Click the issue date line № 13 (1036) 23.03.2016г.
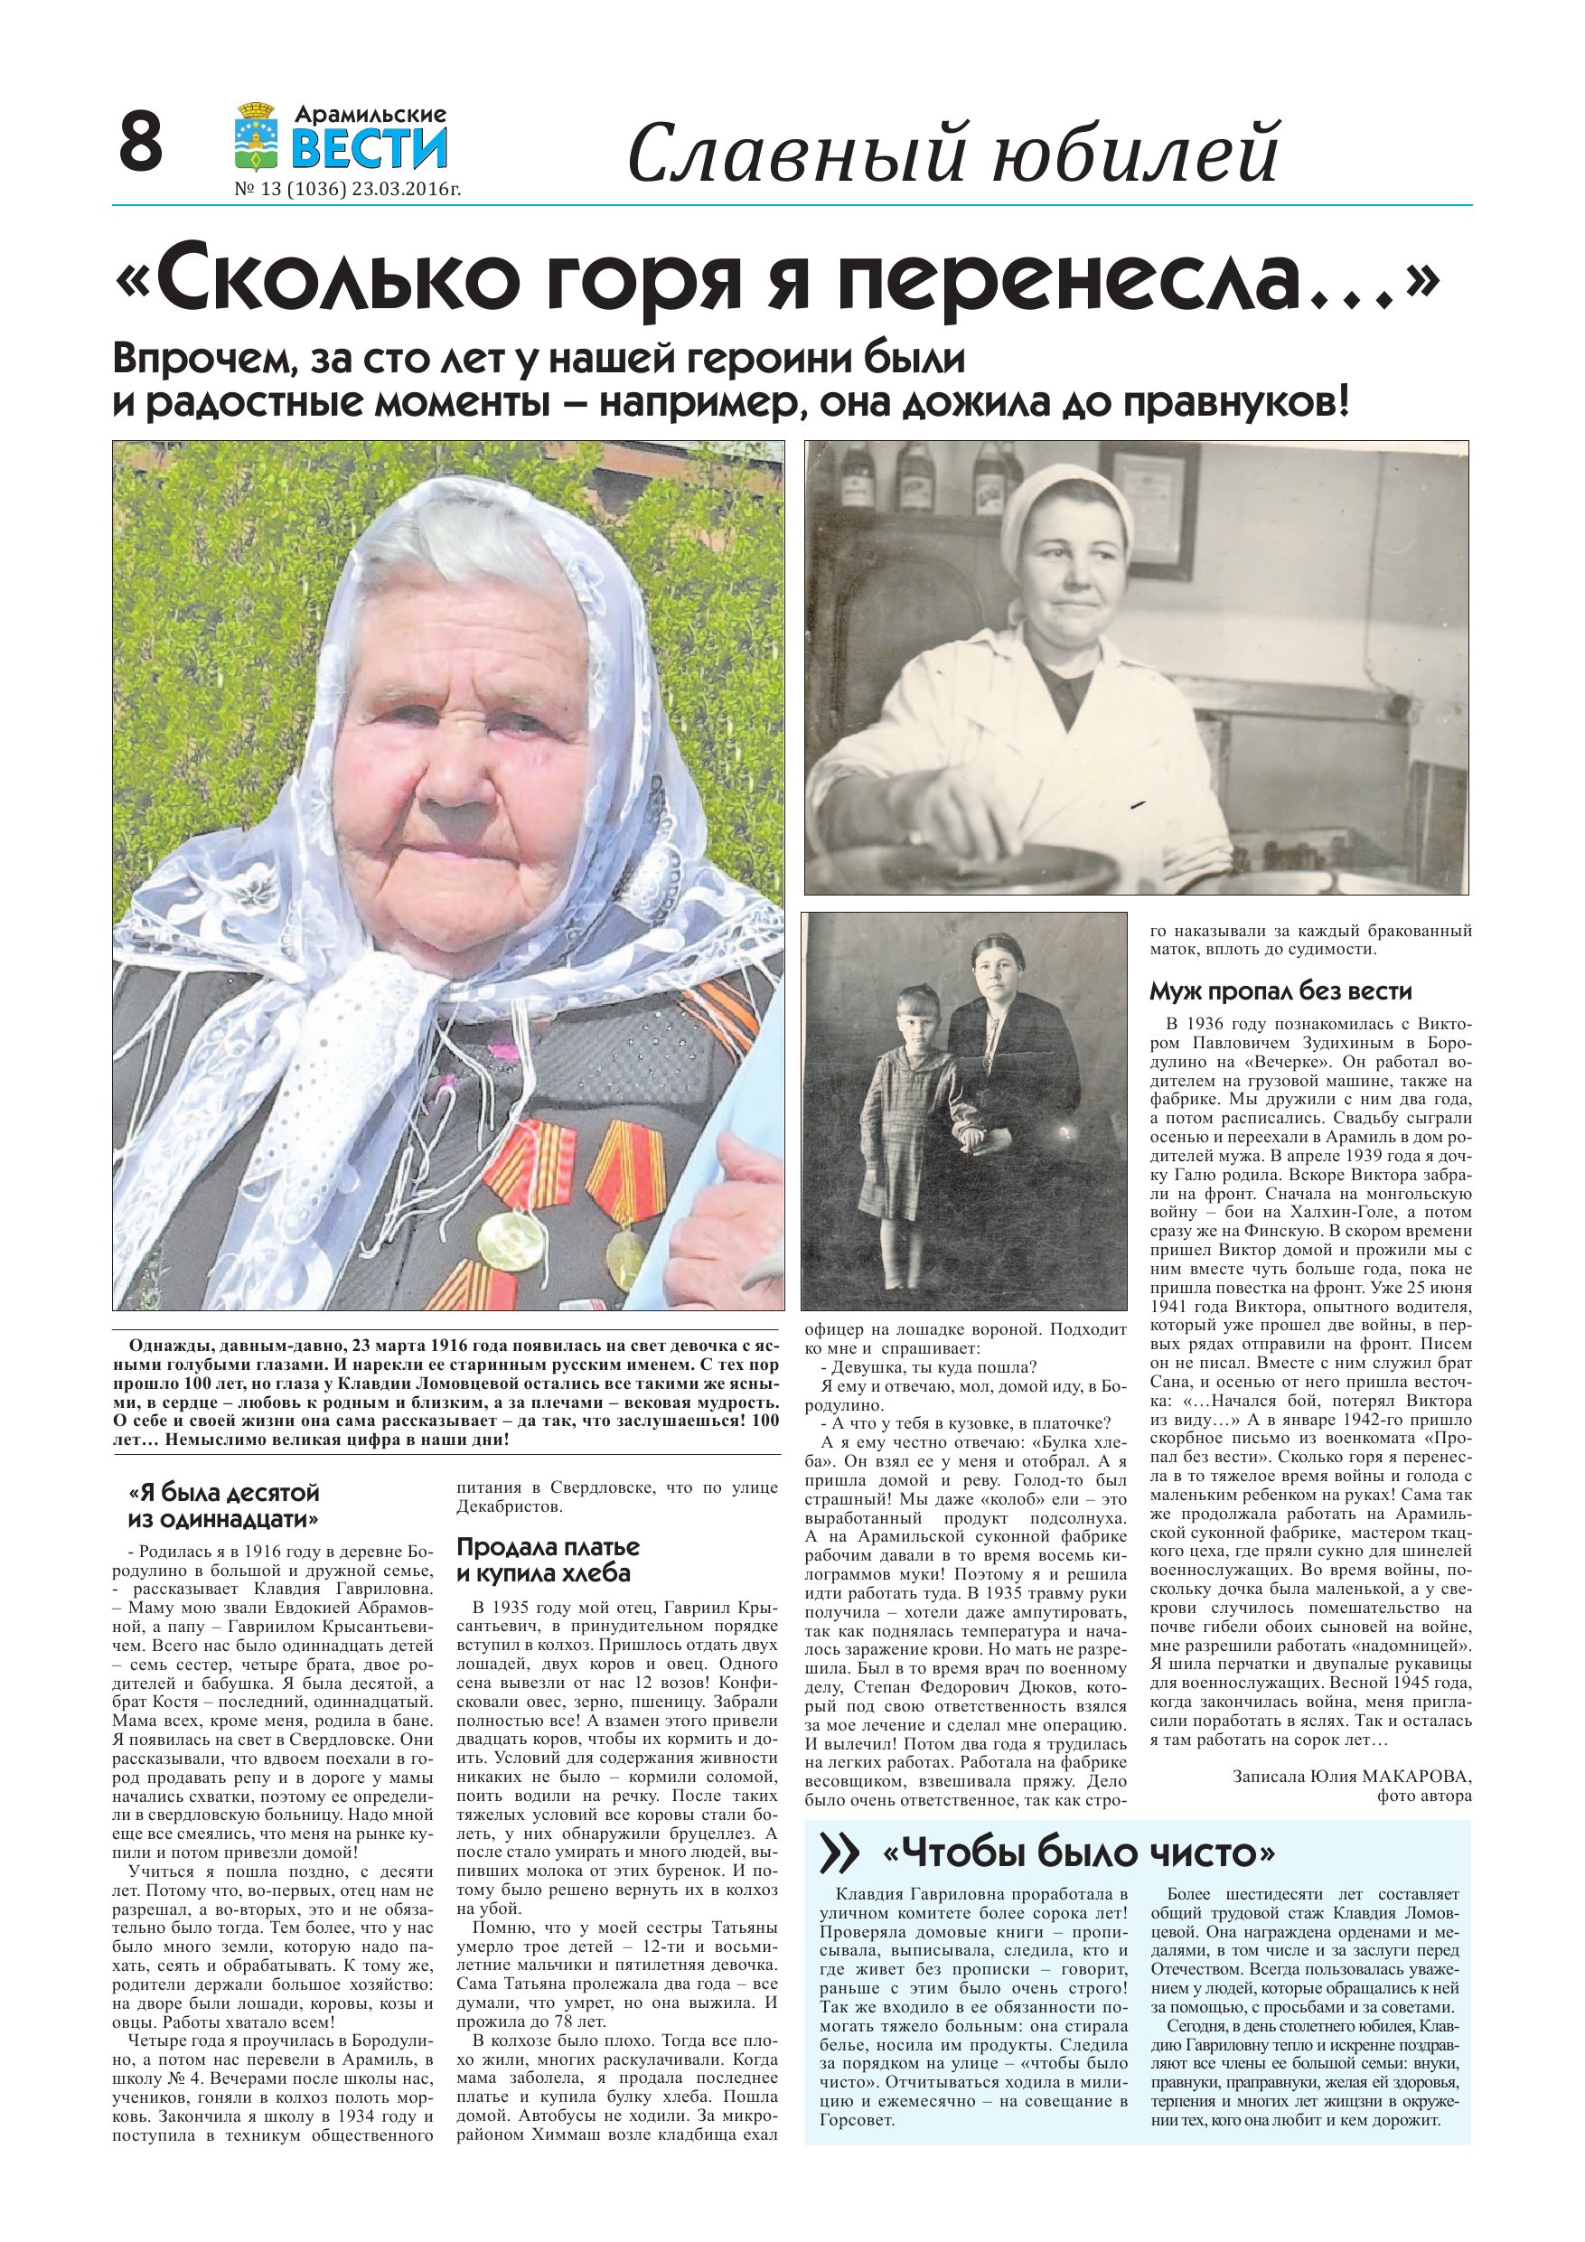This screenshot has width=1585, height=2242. tap(348, 190)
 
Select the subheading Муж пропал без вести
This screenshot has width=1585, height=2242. tap(1280, 992)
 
